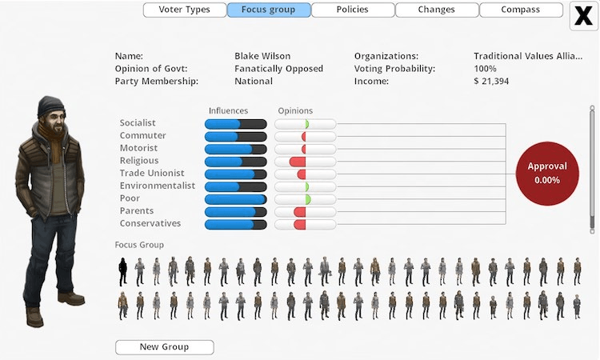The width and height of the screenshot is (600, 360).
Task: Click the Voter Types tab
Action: pyautogui.click(x=185, y=10)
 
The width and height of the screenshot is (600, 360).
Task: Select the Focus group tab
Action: pyautogui.click(x=269, y=10)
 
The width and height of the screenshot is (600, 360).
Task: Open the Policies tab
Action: pyautogui.click(x=353, y=10)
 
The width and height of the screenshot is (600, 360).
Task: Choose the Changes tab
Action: pyautogui.click(x=437, y=10)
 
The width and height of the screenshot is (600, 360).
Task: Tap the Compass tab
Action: pyautogui.click(x=521, y=10)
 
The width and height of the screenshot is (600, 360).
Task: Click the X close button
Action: pyautogui.click(x=583, y=16)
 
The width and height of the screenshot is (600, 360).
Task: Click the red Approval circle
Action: pyautogui.click(x=547, y=174)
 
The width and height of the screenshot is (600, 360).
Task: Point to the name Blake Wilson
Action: pyautogui.click(x=262, y=57)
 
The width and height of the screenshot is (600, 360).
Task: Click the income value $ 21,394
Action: pyautogui.click(x=491, y=82)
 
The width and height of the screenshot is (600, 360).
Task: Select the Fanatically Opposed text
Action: pyautogui.click(x=274, y=69)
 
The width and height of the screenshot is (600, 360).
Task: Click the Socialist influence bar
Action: pyautogui.click(x=235, y=123)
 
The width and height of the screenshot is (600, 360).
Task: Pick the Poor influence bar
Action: pyautogui.click(x=235, y=198)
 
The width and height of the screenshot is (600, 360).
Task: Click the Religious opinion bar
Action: pyautogui.click(x=305, y=161)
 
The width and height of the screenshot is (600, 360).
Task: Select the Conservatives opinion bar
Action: pyautogui.click(x=305, y=224)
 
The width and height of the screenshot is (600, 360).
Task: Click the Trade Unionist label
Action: pyautogui.click(x=152, y=174)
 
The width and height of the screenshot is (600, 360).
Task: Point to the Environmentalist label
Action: pyautogui.click(x=158, y=186)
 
